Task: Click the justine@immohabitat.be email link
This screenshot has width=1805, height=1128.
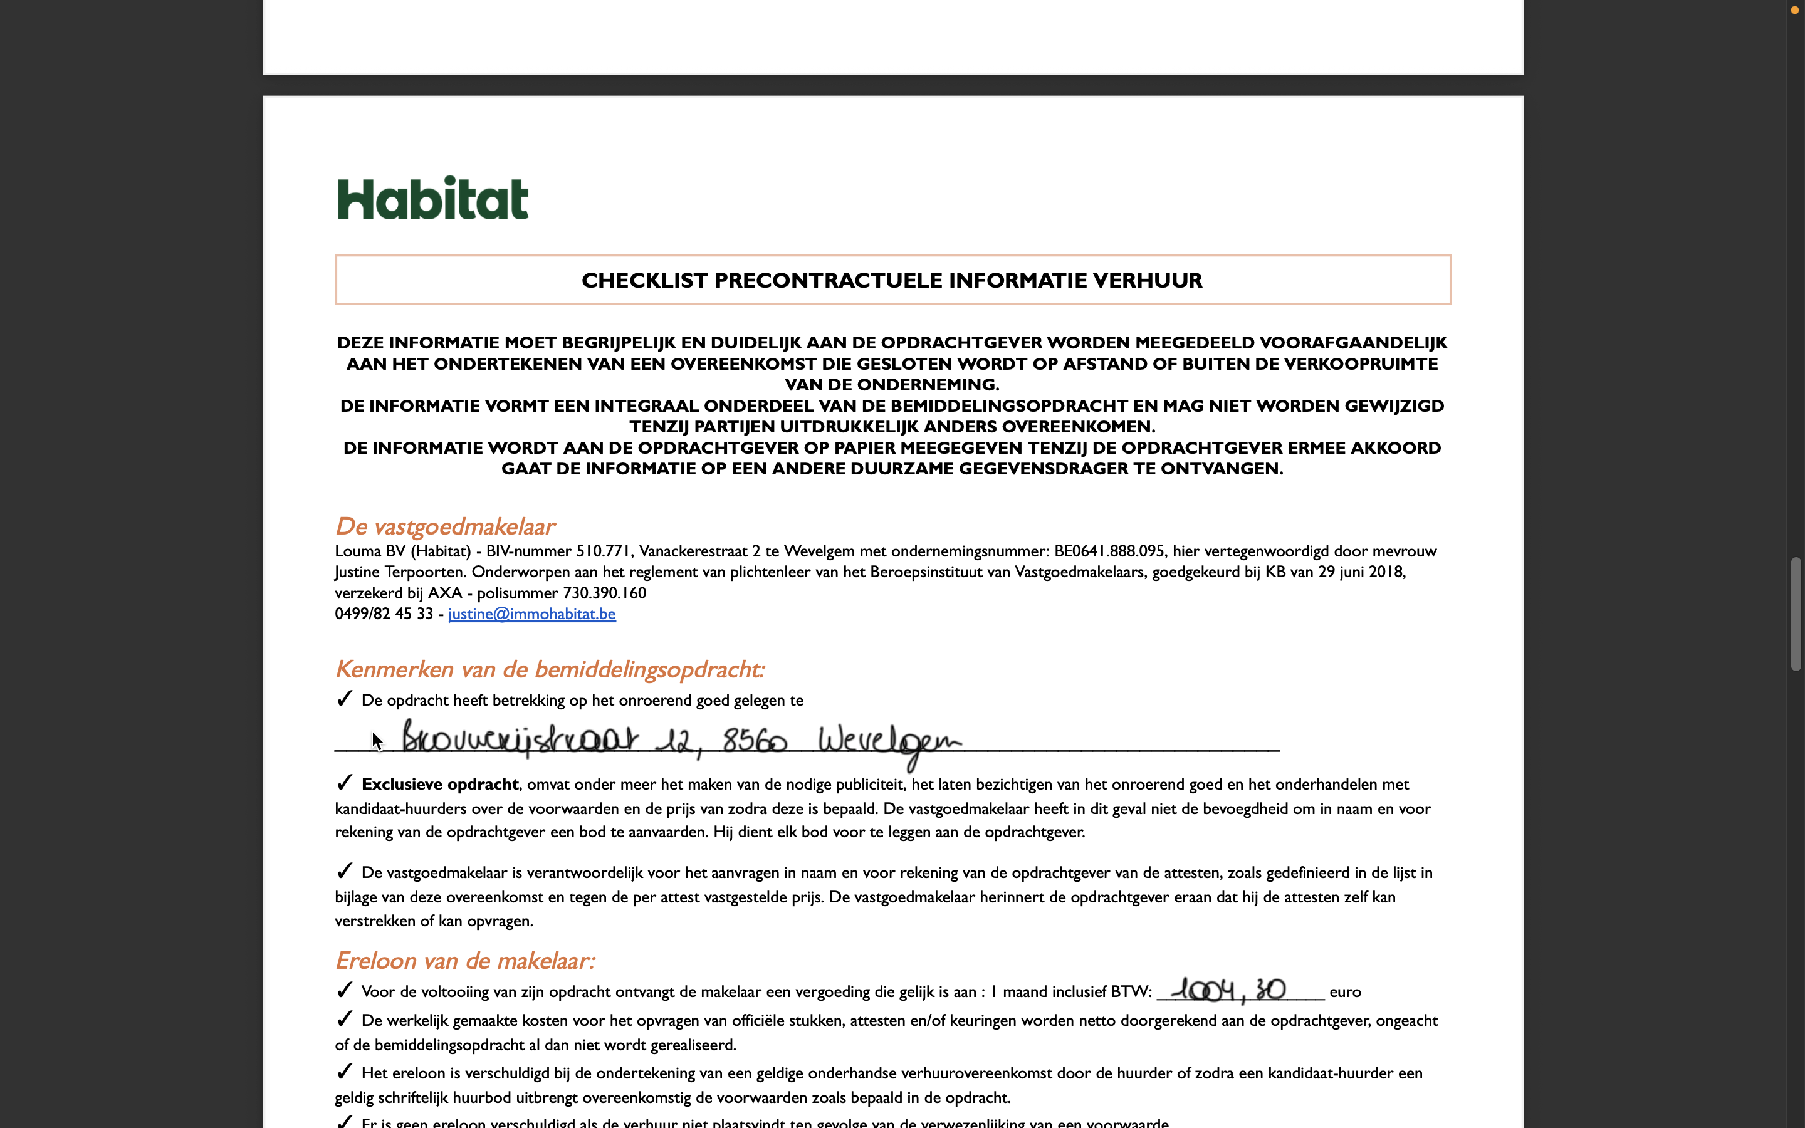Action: pyautogui.click(x=532, y=614)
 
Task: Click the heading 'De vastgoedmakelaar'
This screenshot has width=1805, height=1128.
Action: pyautogui.click(x=444, y=526)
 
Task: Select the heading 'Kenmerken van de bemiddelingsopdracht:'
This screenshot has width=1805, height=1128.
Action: pyautogui.click(x=550, y=669)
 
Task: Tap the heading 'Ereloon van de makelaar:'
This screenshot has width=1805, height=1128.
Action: pyautogui.click(x=464, y=961)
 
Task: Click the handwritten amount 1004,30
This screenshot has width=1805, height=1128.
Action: pyautogui.click(x=1228, y=990)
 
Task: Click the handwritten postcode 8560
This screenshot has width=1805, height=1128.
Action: pyautogui.click(x=754, y=741)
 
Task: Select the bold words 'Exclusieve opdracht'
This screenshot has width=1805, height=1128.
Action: pyautogui.click(x=439, y=784)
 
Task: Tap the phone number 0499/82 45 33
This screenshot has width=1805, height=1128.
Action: pyautogui.click(x=384, y=614)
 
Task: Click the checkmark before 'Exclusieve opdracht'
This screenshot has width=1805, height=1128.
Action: pyautogui.click(x=344, y=783)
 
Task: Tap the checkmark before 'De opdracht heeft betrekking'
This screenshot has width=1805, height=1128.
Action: pyautogui.click(x=344, y=698)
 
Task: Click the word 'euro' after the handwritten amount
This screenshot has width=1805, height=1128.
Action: pyautogui.click(x=1345, y=992)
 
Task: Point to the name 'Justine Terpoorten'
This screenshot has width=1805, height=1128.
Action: pyautogui.click(x=400, y=572)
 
